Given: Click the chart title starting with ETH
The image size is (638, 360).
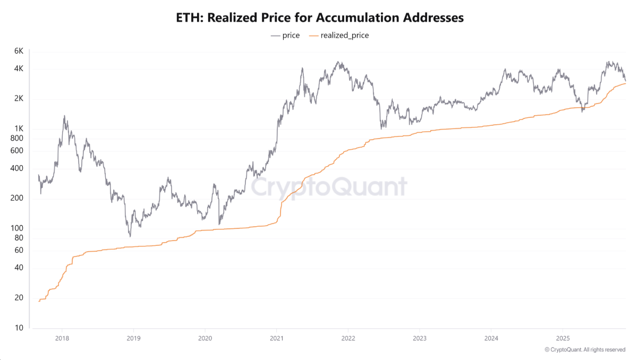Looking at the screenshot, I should [319, 18].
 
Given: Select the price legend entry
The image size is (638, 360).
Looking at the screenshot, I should [285, 36].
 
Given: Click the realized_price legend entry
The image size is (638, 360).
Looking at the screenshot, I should [339, 36].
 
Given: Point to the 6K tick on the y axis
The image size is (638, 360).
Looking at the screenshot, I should [19, 51].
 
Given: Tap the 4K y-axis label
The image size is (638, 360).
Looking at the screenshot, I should [19, 69].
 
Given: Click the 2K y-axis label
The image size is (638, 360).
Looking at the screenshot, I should [19, 99].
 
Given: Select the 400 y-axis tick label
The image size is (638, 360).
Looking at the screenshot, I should [17, 168].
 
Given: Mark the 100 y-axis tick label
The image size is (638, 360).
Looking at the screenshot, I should [17, 228].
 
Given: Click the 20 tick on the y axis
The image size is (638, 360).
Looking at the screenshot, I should [19, 298].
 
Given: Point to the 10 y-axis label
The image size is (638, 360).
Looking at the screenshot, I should [19, 328].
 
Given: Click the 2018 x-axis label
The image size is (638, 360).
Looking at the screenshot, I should [62, 338].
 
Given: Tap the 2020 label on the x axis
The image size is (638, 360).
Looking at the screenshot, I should [205, 338].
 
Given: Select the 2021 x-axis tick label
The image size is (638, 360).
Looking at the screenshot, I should [277, 338].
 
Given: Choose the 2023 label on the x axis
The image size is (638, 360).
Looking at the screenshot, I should [420, 338].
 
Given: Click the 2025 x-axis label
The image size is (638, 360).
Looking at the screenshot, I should [563, 338].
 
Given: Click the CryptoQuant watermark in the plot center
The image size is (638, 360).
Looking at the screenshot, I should [329, 187].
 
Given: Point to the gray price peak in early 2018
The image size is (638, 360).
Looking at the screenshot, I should [64, 116].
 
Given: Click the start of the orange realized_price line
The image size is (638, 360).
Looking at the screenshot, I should [39, 301].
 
